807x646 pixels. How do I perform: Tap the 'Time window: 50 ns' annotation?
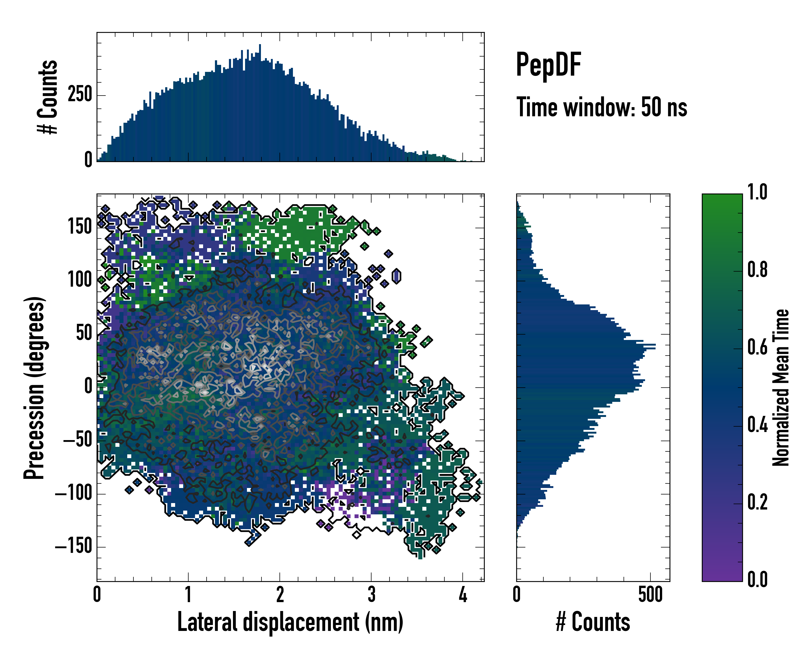click(601, 107)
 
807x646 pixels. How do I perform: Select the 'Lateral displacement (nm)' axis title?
click(290, 622)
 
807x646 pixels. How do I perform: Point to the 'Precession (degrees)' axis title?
click(34, 388)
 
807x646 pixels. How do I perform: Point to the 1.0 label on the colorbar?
click(757, 192)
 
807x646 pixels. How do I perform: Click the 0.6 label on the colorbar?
click(757, 347)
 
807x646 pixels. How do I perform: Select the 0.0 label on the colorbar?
click(757, 579)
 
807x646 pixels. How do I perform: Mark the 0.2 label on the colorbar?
click(757, 502)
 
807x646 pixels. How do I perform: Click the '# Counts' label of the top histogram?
click(48, 97)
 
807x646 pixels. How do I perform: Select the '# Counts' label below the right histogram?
click(593, 622)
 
